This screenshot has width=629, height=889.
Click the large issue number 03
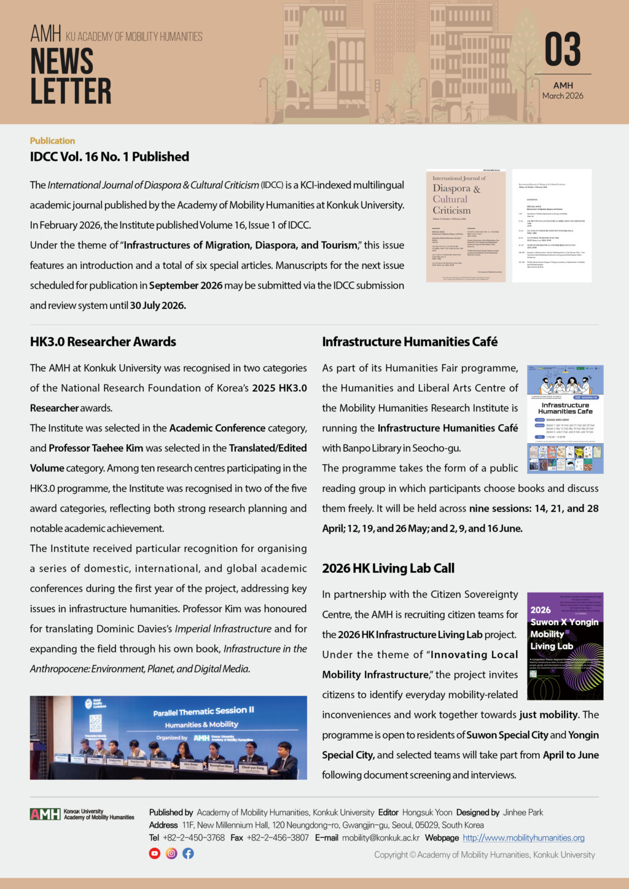click(x=562, y=50)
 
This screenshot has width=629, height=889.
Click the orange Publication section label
click(x=52, y=141)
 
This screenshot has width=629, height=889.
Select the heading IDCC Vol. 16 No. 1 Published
click(x=109, y=157)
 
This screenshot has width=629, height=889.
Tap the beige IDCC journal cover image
click(x=466, y=226)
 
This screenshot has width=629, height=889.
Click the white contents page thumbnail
click(x=552, y=226)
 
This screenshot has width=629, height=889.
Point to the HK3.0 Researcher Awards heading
click(x=103, y=342)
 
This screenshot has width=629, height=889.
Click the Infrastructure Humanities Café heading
click(x=410, y=342)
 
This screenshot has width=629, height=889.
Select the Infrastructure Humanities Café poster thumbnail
click(x=565, y=419)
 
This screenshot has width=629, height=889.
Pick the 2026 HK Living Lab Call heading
click(x=388, y=569)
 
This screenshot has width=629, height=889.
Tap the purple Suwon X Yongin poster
click(x=565, y=646)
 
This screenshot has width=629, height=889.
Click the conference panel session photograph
click(x=168, y=737)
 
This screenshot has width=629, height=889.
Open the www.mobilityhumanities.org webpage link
click(x=523, y=838)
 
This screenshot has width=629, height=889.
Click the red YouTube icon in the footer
click(x=155, y=853)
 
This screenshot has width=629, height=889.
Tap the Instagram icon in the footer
click(x=171, y=853)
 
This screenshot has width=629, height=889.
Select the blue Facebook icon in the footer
click(x=188, y=853)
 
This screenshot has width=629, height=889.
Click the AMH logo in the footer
click(x=45, y=814)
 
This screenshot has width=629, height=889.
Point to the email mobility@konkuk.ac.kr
click(x=381, y=838)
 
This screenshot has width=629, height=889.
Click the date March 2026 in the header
click(x=563, y=96)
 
